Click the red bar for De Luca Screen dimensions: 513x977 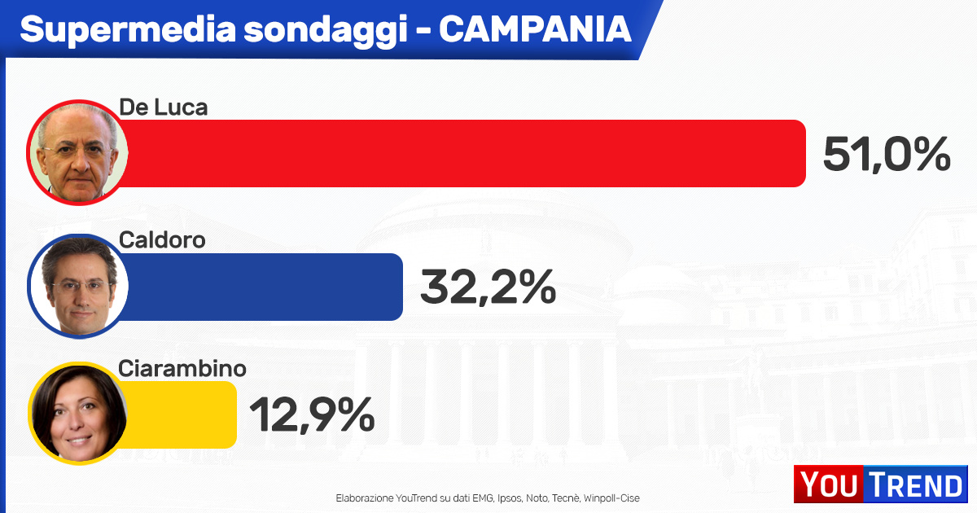click(x=464, y=153)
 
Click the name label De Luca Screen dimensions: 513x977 click(x=164, y=107)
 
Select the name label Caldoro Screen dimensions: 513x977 click(x=162, y=240)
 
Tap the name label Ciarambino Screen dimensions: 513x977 click(x=182, y=368)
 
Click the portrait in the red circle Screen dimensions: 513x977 click(x=78, y=153)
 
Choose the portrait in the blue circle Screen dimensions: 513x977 click(x=78, y=287)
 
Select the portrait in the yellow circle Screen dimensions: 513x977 click(x=78, y=414)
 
